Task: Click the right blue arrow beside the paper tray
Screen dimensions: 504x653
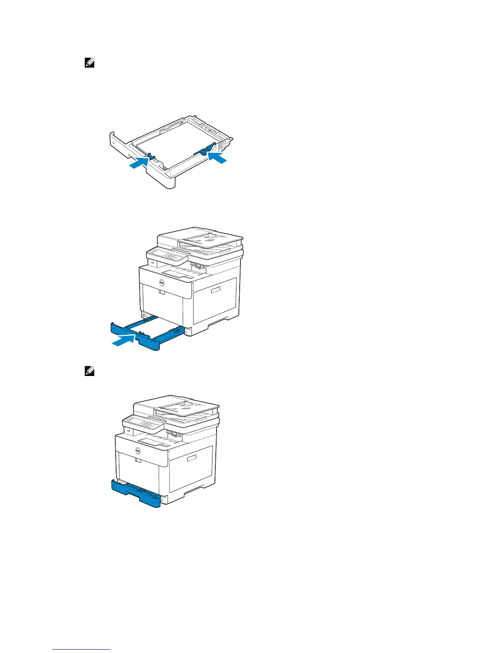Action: click(x=217, y=157)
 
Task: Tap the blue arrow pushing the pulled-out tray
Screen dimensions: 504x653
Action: click(x=124, y=341)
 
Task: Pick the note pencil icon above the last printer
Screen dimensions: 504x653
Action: click(x=89, y=371)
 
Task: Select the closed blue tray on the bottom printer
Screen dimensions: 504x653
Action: click(x=136, y=494)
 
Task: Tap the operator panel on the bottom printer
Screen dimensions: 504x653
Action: click(x=142, y=424)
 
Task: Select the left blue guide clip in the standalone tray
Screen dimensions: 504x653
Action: click(x=150, y=156)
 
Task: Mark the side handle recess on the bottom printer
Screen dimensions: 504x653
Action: click(x=193, y=459)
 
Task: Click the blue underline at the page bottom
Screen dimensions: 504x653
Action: click(x=82, y=650)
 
